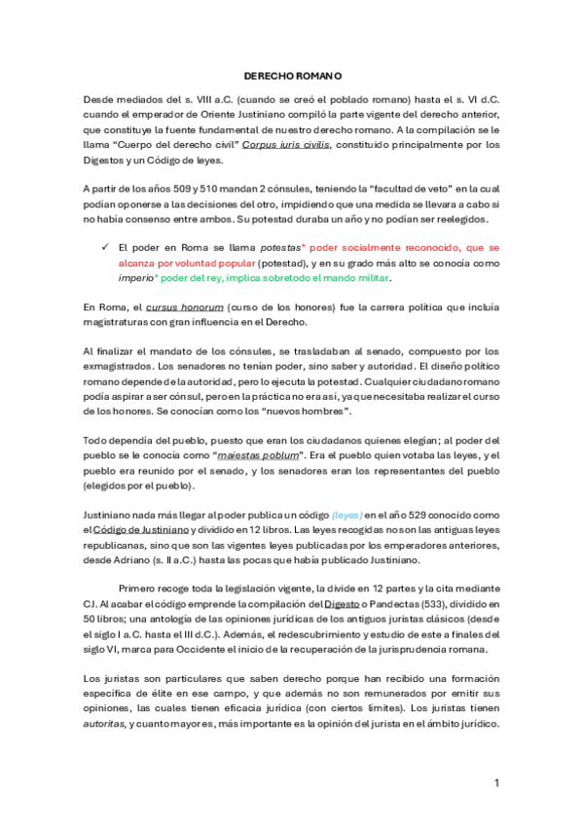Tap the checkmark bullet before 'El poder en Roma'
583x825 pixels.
103,249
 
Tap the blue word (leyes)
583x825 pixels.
346,514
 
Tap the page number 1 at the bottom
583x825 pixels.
496,782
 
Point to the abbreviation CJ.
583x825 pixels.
89,603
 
